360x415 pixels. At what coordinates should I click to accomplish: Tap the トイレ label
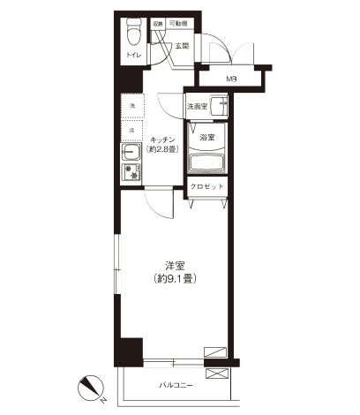pos(132,55)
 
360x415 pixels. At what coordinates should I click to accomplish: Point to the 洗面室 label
pos(197,106)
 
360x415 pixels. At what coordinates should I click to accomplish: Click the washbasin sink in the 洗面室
pos(221,107)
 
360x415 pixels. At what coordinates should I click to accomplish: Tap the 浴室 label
pos(208,137)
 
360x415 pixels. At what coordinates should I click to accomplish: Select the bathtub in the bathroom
pos(208,163)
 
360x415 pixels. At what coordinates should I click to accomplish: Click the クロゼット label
pos(208,188)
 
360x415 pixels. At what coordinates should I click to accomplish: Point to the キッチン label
pos(164,140)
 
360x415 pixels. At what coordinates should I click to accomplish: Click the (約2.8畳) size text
pos(164,149)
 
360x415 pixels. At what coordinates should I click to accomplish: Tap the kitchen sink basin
pos(130,152)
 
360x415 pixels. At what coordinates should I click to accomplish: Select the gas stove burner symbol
pos(131,172)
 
